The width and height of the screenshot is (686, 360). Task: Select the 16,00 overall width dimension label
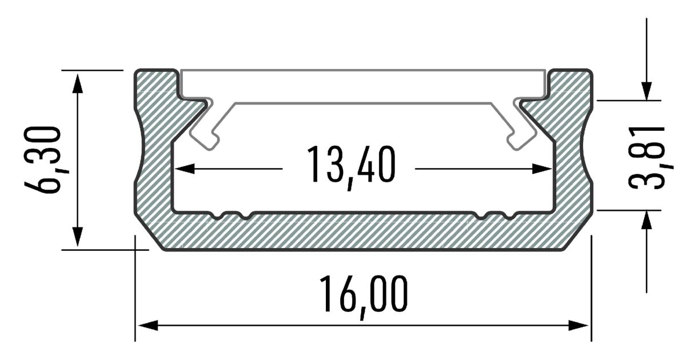coord(364,297)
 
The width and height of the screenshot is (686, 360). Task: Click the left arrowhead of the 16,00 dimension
coord(148,325)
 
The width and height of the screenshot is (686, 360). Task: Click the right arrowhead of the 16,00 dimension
coord(578,325)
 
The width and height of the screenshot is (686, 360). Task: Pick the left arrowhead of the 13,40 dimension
coord(185,169)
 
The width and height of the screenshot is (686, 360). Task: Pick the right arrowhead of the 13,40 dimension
coord(542,169)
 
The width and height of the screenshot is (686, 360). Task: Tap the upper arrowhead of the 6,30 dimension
coord(78,83)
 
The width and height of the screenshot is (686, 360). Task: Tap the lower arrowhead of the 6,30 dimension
coord(78,237)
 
